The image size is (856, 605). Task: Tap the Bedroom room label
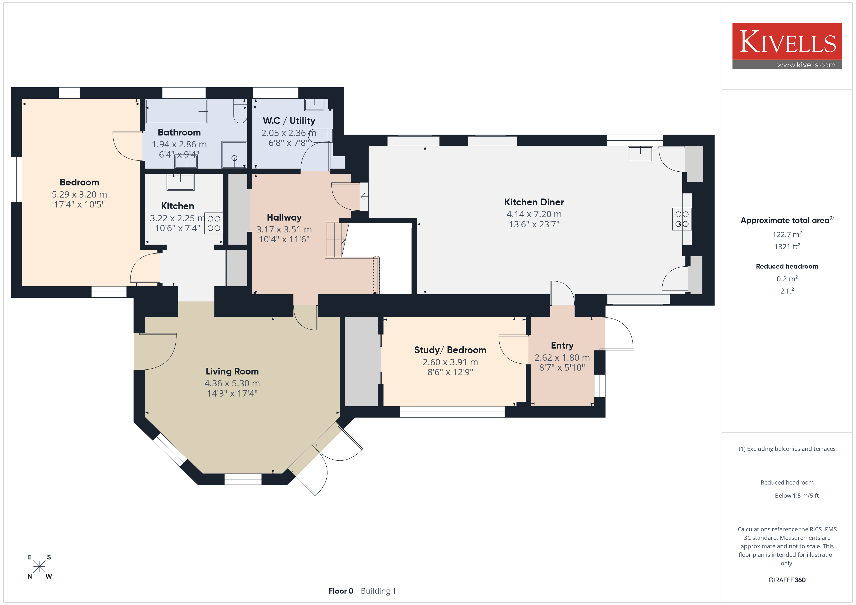coord(79,182)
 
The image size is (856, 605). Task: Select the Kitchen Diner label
coord(534,202)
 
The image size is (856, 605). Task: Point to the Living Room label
coord(232,371)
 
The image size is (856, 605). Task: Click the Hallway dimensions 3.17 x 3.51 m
coord(284,230)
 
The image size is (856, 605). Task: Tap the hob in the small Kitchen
coord(214,223)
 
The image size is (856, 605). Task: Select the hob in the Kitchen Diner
coord(682,219)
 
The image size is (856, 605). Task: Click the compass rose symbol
coord(39,567)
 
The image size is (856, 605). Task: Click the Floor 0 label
coord(341,591)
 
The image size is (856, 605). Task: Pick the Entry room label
coord(562,345)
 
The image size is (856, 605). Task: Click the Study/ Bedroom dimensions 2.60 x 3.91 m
coord(450,362)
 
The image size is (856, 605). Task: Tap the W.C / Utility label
coord(289,121)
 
